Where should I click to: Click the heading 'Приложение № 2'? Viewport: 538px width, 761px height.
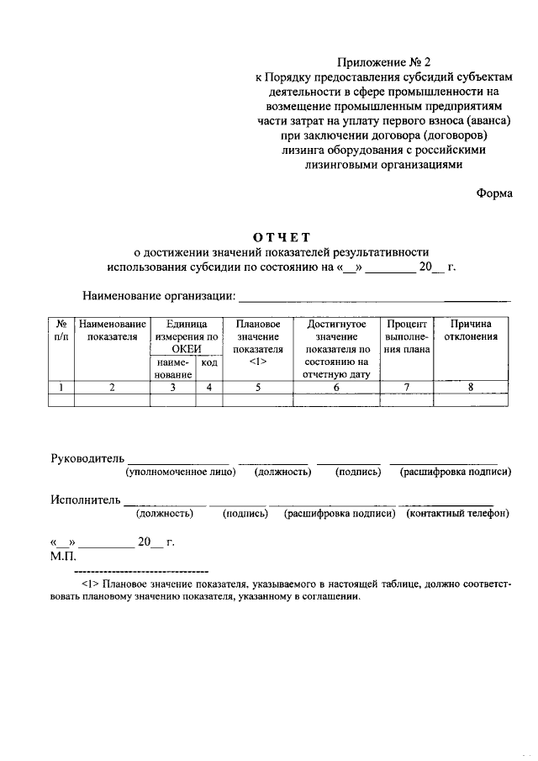click(x=382, y=61)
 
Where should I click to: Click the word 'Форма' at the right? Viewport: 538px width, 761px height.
click(x=494, y=193)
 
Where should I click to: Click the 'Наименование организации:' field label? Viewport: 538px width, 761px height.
click(x=159, y=296)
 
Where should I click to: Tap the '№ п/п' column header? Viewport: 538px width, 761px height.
click(x=61, y=330)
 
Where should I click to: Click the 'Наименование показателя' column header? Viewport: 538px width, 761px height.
click(x=112, y=330)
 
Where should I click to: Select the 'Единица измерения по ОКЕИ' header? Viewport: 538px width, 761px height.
click(x=187, y=336)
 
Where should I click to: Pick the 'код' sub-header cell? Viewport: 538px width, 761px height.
click(x=208, y=362)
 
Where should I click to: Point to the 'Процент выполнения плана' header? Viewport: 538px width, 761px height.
click(x=407, y=336)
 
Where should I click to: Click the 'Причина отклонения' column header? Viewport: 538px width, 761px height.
click(x=471, y=330)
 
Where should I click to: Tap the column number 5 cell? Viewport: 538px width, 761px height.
click(x=258, y=388)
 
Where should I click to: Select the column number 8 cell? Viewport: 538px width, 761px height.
click(x=471, y=388)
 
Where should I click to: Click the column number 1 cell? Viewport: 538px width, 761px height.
click(x=61, y=388)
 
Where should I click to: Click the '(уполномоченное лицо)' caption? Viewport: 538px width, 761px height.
click(x=180, y=473)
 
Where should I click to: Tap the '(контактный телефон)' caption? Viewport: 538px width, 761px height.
click(x=458, y=514)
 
